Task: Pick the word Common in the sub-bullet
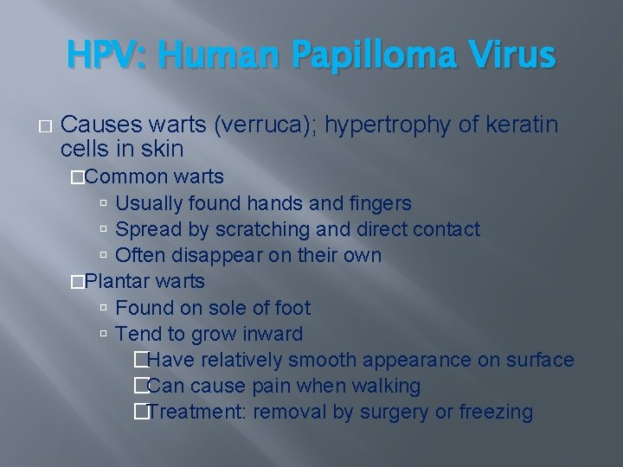(x=127, y=177)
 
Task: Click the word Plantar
(x=122, y=282)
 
